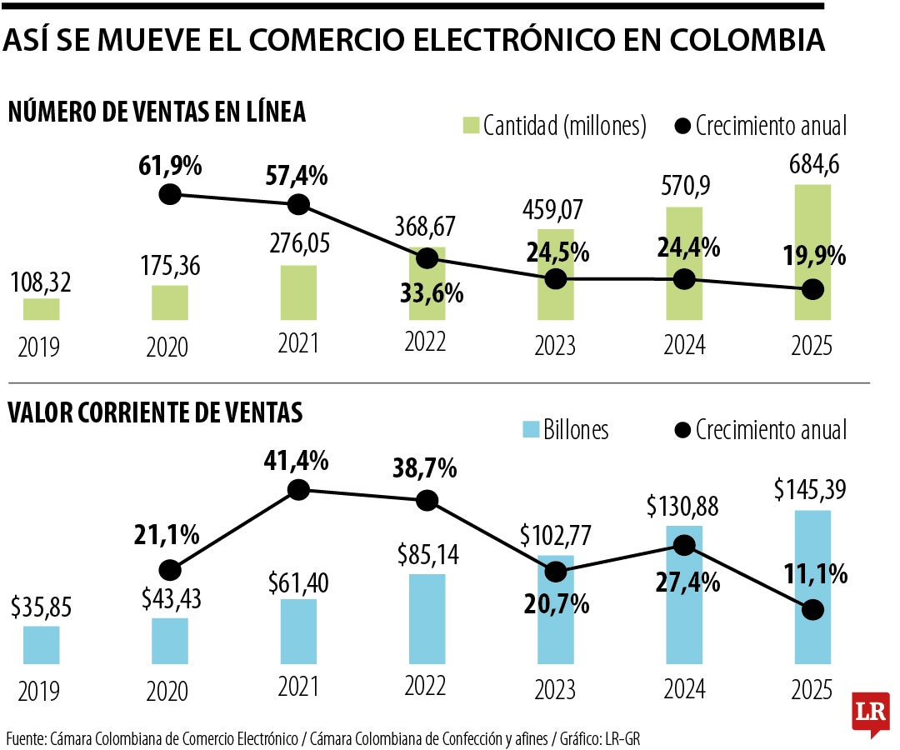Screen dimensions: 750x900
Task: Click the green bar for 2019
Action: click(x=41, y=309)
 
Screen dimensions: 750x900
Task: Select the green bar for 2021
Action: click(x=298, y=292)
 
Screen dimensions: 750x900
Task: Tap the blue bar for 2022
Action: click(x=427, y=619)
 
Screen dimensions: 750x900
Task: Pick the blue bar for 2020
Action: click(x=170, y=641)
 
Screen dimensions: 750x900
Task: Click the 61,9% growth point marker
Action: click(x=170, y=195)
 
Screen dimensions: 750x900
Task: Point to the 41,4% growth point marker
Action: click(x=298, y=490)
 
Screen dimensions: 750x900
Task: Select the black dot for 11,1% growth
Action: click(x=813, y=609)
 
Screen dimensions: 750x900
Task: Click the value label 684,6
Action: click(x=813, y=164)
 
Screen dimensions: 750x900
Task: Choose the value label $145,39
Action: click(x=813, y=491)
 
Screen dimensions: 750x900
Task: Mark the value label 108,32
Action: click(x=41, y=282)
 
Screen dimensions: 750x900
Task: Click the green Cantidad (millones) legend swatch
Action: click(x=469, y=127)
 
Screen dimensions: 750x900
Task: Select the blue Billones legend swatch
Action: click(x=530, y=430)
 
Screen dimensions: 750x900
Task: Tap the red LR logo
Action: click(x=872, y=712)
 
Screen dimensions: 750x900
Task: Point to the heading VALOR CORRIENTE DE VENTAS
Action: click(x=155, y=412)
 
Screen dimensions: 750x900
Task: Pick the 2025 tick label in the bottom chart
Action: click(x=813, y=689)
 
